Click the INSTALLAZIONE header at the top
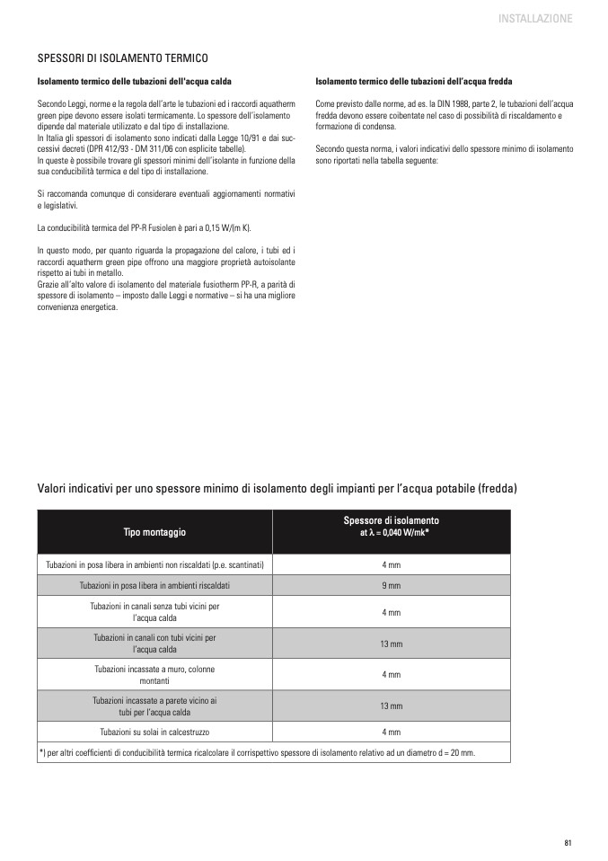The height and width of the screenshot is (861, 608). [x=534, y=18]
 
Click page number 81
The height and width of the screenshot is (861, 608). [x=568, y=842]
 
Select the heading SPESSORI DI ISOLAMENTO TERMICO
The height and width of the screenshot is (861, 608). [x=122, y=58]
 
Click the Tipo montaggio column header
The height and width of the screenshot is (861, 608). [x=154, y=532]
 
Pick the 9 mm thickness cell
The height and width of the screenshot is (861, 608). [x=391, y=585]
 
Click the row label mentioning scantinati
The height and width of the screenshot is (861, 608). [x=154, y=564]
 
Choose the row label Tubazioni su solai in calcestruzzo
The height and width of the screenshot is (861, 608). [x=154, y=732]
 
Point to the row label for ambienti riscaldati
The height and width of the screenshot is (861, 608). [x=154, y=585]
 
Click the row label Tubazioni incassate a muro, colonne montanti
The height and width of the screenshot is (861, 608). [x=154, y=674]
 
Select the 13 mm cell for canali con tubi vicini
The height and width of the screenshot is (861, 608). [x=391, y=644]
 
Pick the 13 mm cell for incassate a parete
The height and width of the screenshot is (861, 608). [x=391, y=706]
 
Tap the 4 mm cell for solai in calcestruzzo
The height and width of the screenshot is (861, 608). [x=391, y=732]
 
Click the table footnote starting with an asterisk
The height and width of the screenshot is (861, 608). [x=257, y=752]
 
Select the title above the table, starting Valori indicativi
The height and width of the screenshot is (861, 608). [x=278, y=488]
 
